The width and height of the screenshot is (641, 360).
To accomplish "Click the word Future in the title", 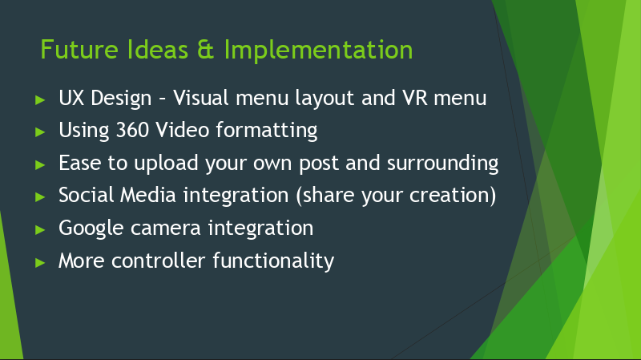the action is pos(79,50).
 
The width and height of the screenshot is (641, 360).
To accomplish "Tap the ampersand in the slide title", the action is pos(206,50).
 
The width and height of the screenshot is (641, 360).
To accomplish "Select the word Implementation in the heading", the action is pos(318,51).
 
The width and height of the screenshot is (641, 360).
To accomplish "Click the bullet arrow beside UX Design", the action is pos(39,99).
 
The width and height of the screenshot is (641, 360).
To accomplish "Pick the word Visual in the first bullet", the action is pos(201,98).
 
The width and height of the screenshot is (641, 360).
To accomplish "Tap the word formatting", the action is pos(267,131).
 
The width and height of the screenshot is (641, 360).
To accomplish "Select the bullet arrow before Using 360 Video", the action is pos(39,131).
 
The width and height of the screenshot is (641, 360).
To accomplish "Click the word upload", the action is pos(166,164).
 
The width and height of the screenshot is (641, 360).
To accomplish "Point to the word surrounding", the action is pos(443,164).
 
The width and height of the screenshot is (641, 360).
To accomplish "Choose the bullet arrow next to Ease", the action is pos(39,164).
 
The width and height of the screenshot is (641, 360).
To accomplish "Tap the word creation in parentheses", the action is pos(449,196).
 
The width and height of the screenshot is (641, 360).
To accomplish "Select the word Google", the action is pos(91,229).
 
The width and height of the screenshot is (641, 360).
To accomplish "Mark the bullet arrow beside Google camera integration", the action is pos(39,229).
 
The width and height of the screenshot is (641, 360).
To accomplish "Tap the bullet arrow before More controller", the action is pos(39,262).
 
